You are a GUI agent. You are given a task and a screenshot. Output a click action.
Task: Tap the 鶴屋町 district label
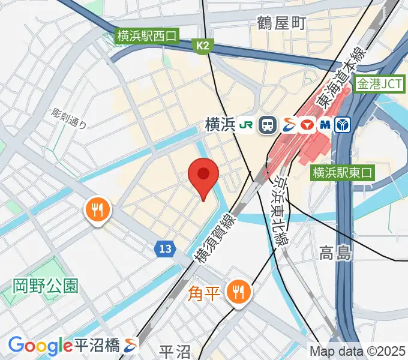(281, 23)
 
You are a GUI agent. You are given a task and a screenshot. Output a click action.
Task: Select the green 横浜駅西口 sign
(148, 37)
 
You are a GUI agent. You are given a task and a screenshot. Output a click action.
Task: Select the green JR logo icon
(246, 125)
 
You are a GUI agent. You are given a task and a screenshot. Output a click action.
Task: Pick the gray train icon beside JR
(266, 125)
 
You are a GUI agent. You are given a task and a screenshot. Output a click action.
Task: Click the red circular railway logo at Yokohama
(307, 125)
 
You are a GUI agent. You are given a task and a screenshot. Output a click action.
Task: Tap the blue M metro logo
(326, 125)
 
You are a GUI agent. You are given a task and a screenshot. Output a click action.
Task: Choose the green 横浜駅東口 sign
(342, 173)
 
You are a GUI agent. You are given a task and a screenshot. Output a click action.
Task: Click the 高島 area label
(335, 253)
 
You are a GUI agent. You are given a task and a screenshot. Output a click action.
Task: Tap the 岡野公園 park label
(46, 285)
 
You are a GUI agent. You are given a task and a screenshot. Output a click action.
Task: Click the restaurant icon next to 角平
(239, 292)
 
